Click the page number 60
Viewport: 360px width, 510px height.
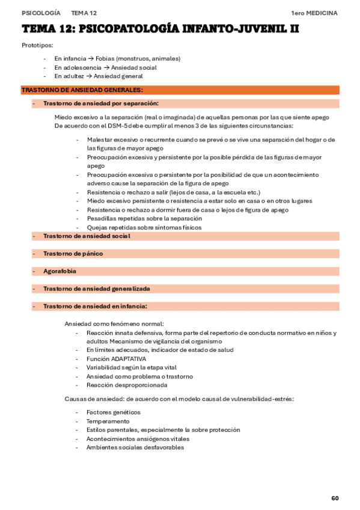(x=335, y=498)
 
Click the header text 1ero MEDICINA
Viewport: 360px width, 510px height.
(x=314, y=13)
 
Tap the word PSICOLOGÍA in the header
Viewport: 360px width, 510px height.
(x=41, y=13)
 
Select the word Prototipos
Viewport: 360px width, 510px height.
(x=37, y=46)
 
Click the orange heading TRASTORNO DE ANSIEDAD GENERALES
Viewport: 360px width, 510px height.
(x=82, y=90)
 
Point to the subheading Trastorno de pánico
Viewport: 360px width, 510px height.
(x=73, y=254)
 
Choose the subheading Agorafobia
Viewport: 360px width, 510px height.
(x=59, y=271)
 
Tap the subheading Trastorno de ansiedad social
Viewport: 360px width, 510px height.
(x=87, y=236)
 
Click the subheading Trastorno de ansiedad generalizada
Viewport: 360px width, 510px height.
(x=96, y=289)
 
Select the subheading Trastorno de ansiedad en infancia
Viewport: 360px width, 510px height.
(x=95, y=306)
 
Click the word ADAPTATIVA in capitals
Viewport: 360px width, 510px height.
(x=129, y=358)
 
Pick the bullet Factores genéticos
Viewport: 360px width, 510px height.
(x=113, y=412)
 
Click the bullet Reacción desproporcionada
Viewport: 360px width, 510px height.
(x=127, y=385)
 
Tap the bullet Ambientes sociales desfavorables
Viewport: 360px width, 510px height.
(x=135, y=447)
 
